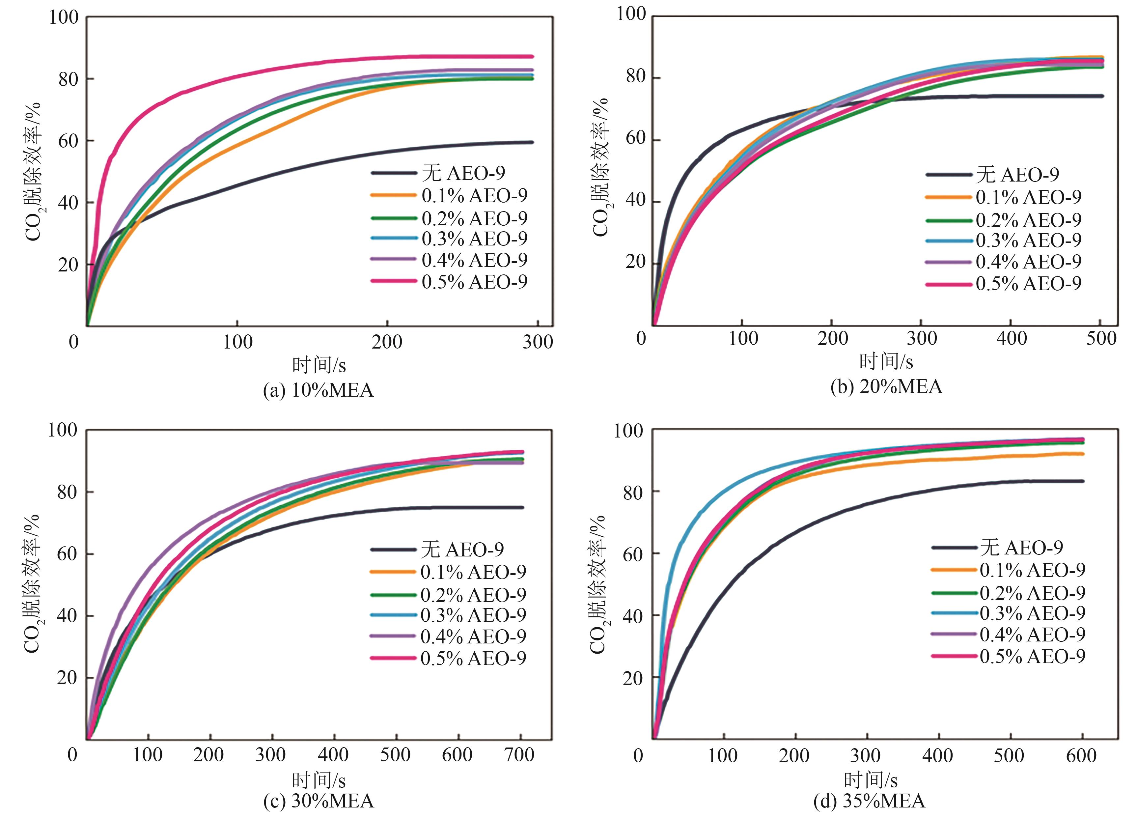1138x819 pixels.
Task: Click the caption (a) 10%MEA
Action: click(x=318, y=390)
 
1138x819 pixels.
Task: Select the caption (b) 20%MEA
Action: click(x=886, y=386)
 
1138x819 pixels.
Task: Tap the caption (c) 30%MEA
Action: click(x=318, y=801)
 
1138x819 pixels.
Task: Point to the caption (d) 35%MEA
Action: click(x=869, y=801)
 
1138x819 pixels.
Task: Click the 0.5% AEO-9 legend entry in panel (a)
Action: click(x=474, y=282)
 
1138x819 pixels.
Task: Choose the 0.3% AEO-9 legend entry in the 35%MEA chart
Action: click(x=1032, y=613)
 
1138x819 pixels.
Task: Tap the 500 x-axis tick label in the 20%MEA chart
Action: click(x=1101, y=339)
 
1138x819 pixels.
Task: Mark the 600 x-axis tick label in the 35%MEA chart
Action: click(x=1081, y=756)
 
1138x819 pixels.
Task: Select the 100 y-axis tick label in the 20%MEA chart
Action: click(x=631, y=14)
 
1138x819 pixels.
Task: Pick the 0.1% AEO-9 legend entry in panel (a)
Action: click(x=474, y=195)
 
